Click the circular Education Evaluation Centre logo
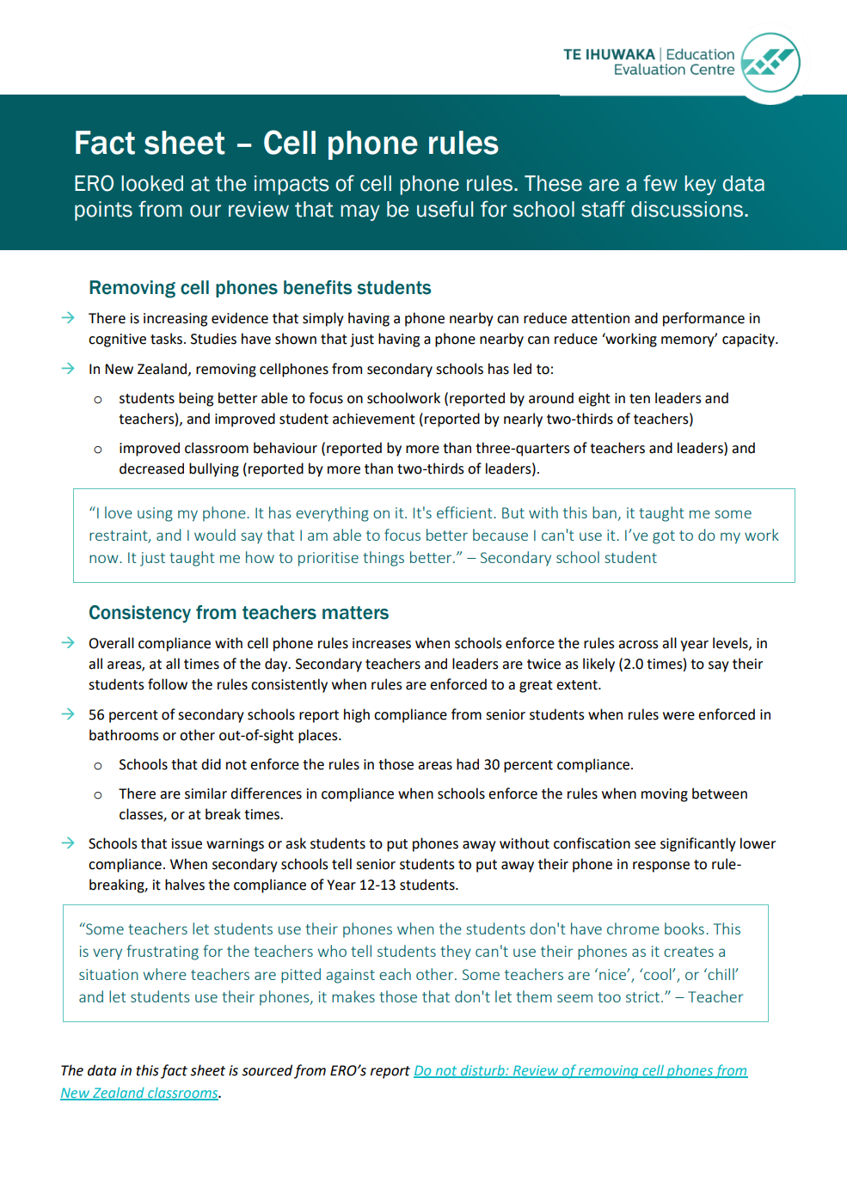coord(770,63)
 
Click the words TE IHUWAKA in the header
coord(609,54)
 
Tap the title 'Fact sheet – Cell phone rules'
coord(285,143)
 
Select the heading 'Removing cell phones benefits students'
coord(260,288)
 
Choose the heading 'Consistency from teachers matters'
coord(238,613)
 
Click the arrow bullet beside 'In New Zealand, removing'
coord(68,369)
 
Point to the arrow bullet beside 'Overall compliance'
coord(68,643)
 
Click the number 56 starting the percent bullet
coord(96,715)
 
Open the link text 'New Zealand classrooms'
coord(139,1094)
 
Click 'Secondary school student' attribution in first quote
coord(568,558)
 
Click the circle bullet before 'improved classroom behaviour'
coord(98,450)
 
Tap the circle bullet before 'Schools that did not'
coord(98,766)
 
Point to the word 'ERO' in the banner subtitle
coord(94,184)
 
